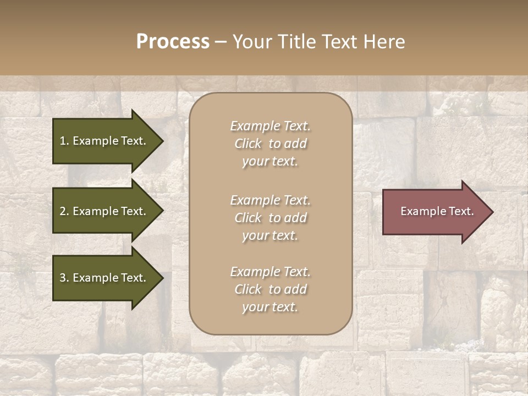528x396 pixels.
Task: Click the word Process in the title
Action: pos(173,42)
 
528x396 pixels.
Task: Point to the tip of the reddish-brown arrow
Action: pos(492,212)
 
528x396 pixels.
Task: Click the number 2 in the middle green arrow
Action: pos(63,211)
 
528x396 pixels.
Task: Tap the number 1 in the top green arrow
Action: pos(63,141)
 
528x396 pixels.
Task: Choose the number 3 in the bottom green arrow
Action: pos(63,278)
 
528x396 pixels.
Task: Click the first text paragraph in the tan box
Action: pos(270,144)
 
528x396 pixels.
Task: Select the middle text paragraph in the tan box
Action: pos(270,218)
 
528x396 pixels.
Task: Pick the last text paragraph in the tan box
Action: pos(270,289)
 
